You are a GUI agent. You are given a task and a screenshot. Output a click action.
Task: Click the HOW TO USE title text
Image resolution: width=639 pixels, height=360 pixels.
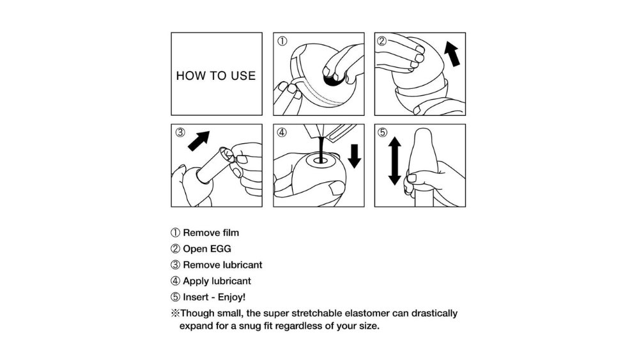pos(216,76)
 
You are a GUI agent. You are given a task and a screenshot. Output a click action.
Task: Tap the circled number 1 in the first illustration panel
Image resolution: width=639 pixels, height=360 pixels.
pos(282,41)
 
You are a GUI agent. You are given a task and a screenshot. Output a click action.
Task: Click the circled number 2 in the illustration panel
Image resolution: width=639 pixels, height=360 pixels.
pos(382,41)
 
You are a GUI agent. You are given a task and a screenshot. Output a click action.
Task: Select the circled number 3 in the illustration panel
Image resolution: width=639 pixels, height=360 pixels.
pos(180,132)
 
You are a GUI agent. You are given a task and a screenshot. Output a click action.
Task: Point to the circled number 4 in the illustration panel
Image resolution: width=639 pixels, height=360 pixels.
pos(282,132)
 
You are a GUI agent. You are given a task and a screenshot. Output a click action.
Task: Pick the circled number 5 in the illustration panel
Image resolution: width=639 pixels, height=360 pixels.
pos(382,132)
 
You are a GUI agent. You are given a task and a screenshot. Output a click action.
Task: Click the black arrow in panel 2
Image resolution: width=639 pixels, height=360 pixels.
pos(452,54)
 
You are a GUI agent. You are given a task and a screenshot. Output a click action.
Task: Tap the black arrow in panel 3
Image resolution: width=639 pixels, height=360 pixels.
pos(199,141)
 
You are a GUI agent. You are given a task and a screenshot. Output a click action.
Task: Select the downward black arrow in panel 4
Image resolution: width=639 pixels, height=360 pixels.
pos(355,156)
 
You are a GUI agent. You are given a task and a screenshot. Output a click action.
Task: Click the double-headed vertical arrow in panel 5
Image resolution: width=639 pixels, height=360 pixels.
pos(394,161)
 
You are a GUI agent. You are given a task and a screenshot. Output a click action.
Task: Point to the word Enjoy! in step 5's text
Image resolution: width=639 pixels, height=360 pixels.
pos(231,297)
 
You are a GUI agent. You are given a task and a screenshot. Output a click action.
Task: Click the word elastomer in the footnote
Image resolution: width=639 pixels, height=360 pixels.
pos(367,313)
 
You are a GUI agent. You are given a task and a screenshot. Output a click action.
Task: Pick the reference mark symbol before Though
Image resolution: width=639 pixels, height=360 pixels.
pos(175,313)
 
